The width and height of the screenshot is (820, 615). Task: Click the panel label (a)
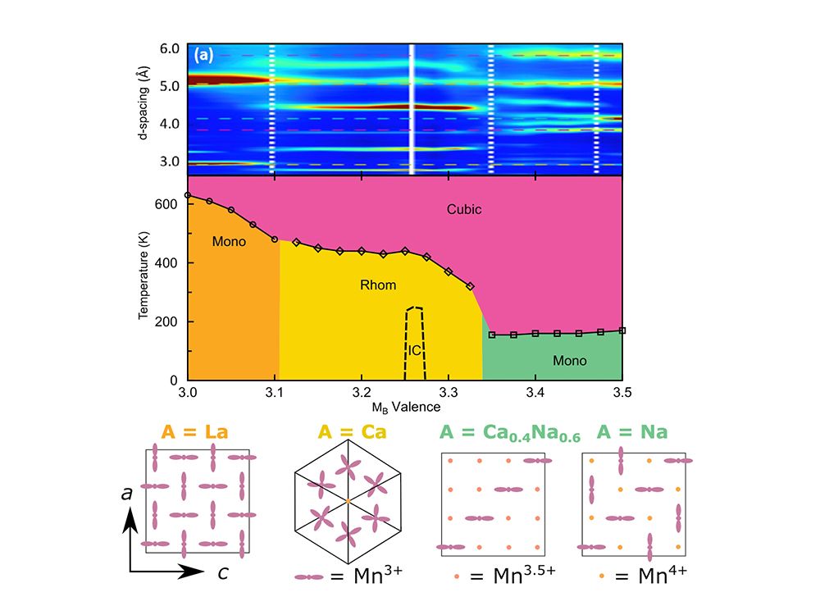[203, 56]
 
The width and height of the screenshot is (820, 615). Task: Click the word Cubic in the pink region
[463, 209]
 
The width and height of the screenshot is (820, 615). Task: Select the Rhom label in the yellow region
[378, 285]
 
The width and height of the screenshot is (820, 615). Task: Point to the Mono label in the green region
[569, 360]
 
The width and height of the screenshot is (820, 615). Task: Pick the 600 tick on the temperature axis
[170, 203]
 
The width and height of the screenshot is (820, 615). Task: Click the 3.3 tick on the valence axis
[448, 393]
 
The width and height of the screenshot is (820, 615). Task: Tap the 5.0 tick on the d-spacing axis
[171, 86]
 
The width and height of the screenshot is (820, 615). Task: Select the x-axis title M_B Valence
[405, 407]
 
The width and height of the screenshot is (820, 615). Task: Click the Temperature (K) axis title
[144, 275]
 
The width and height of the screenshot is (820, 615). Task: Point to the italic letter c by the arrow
[222, 572]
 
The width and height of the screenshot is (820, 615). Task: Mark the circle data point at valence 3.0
[188, 195]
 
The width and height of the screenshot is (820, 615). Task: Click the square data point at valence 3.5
[622, 330]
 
